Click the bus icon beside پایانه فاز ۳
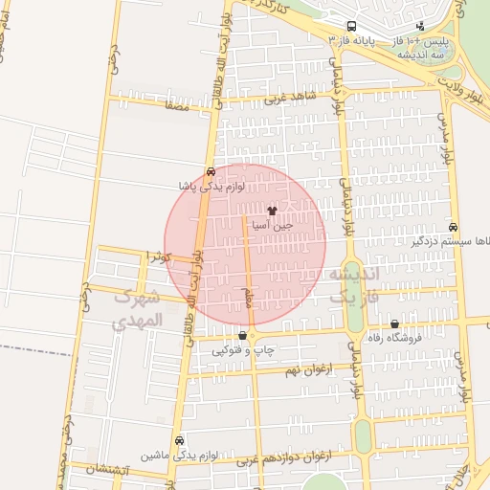click(x=352, y=26)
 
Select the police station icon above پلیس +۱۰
click(x=420, y=26)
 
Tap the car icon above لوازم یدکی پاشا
click(x=211, y=170)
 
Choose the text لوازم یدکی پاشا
click(x=212, y=186)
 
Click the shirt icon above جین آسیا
click(x=272, y=211)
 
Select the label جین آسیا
click(x=272, y=227)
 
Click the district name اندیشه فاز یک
click(x=354, y=285)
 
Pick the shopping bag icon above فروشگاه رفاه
click(x=395, y=324)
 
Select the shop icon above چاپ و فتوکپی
click(x=242, y=336)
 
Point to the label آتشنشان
click(x=106, y=470)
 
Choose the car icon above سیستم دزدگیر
click(x=453, y=228)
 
